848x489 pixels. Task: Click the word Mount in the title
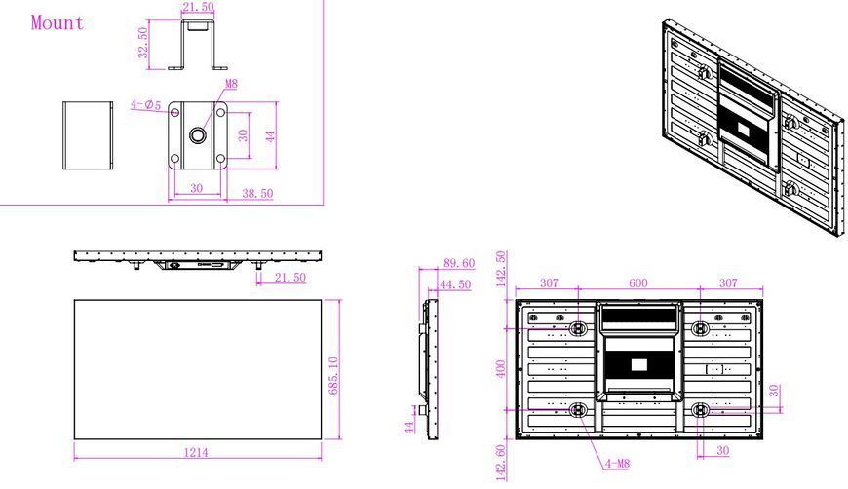point(58,22)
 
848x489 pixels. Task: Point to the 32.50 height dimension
point(142,43)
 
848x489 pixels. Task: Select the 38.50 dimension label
point(257,193)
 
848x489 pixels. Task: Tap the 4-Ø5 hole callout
point(145,104)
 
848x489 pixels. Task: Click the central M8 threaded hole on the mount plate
point(198,134)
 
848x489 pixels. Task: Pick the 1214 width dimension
point(196,452)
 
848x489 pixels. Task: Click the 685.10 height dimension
point(333,376)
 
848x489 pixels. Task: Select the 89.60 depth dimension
point(459,263)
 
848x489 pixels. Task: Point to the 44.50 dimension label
point(455,284)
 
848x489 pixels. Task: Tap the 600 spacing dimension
point(638,283)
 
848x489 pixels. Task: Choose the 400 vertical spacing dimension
point(501,369)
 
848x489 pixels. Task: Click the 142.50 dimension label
point(501,269)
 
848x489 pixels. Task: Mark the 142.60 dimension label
point(501,463)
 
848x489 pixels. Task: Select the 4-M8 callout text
point(617,463)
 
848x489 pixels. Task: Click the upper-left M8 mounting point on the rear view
point(578,328)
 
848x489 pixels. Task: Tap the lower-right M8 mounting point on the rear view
point(700,410)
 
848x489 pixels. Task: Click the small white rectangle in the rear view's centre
point(638,365)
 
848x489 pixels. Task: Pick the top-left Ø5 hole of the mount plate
point(174,112)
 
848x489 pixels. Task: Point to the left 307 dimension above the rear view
point(549,283)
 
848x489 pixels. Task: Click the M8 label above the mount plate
point(231,84)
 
